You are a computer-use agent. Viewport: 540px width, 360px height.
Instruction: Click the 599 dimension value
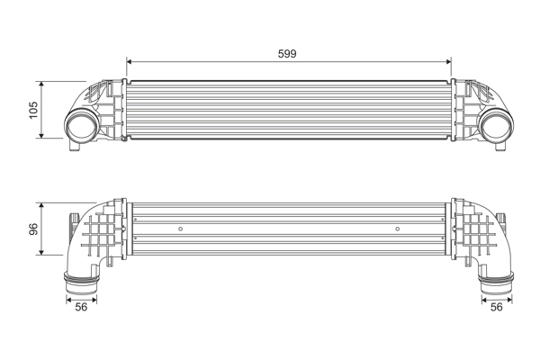[287, 53]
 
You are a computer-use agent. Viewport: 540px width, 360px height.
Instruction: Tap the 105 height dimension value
[33, 109]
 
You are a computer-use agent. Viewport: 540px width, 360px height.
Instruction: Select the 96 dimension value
[33, 229]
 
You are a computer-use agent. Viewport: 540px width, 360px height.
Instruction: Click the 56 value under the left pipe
[80, 307]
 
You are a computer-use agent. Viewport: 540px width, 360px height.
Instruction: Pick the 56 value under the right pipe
[496, 307]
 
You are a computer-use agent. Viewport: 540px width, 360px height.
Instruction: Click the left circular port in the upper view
[83, 126]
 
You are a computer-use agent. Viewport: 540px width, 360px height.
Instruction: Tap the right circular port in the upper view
[494, 126]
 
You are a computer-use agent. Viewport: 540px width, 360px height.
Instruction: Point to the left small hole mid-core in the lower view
[181, 229]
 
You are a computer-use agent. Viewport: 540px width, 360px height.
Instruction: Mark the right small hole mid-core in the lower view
[397, 229]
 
